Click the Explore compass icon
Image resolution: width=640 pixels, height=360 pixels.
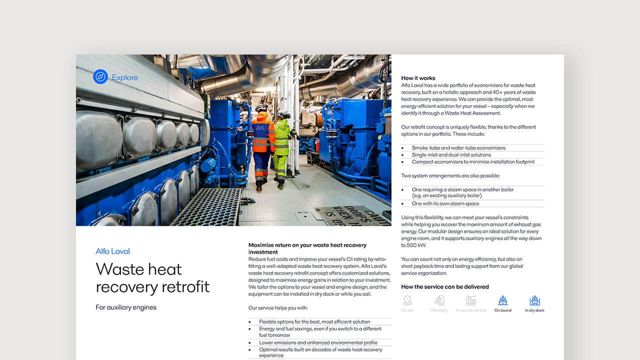[100, 77]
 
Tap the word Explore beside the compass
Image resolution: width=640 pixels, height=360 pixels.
[124, 77]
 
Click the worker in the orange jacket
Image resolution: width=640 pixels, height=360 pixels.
[262, 145]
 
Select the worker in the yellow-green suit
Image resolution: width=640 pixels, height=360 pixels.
[281, 147]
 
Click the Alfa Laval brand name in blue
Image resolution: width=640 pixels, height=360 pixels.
[112, 251]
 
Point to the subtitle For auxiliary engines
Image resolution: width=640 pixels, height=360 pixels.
[126, 307]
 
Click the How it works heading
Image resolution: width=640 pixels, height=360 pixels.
[418, 78]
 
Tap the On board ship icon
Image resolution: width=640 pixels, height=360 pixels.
[502, 301]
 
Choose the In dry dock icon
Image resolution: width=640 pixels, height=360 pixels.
[534, 301]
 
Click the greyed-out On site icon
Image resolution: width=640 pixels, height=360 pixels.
[407, 301]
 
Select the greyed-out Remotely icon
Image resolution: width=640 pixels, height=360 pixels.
[439, 301]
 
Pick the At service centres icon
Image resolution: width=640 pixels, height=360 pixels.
[471, 301]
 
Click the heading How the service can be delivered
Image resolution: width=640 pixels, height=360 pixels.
[444, 287]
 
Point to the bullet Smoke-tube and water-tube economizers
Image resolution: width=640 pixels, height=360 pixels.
[458, 148]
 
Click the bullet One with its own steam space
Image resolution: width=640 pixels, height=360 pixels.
[445, 203]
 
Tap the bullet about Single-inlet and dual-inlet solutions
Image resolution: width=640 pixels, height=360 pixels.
[451, 155]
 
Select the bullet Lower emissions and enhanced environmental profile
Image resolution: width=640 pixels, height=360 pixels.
[318, 342]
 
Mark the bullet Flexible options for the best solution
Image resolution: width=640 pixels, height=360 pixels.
[314, 321]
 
